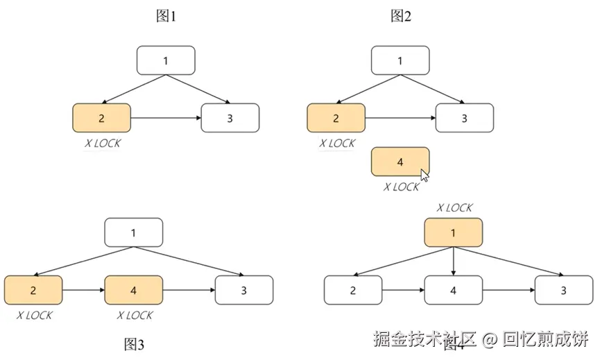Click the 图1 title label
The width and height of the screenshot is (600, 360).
pyautogui.click(x=166, y=17)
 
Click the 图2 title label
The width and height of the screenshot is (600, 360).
pyautogui.click(x=401, y=17)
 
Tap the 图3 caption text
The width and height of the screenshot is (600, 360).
pyautogui.click(x=134, y=344)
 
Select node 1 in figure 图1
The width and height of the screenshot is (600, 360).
pyautogui.click(x=166, y=60)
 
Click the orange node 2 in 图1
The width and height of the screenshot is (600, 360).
pyautogui.click(x=101, y=118)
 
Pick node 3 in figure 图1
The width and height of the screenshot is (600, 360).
pyautogui.click(x=230, y=118)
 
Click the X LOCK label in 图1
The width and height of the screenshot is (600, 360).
pyautogui.click(x=102, y=144)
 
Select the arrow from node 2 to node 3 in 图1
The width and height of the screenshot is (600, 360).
pyautogui.click(x=165, y=118)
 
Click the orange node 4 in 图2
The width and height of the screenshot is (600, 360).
pyautogui.click(x=400, y=162)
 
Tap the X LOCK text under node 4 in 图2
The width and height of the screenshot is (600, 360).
pyautogui.click(x=401, y=187)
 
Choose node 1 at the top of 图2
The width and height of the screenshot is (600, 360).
pyautogui.click(x=400, y=60)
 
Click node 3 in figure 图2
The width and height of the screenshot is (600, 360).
pyautogui.click(x=465, y=118)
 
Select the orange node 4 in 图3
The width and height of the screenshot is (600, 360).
pyautogui.click(x=134, y=290)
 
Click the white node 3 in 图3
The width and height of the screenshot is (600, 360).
pyautogui.click(x=244, y=290)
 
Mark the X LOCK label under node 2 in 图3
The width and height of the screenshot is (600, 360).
pyautogui.click(x=34, y=316)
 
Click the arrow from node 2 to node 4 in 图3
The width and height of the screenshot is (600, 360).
pyautogui.click(x=83, y=290)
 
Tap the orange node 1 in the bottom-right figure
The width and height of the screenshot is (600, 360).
pyautogui.click(x=454, y=232)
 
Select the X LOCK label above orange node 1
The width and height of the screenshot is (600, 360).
pyautogui.click(x=454, y=207)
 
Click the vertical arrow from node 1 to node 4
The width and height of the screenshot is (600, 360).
pyautogui.click(x=454, y=261)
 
